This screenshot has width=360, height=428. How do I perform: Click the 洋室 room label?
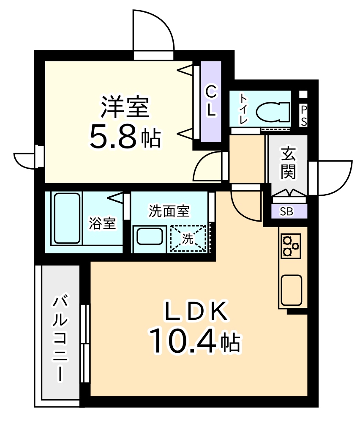125,107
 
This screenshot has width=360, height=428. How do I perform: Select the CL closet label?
211,101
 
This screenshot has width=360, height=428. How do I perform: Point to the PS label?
304,116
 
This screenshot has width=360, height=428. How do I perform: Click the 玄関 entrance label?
288,162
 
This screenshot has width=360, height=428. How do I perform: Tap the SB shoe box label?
286,211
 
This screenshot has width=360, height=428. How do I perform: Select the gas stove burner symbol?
291,246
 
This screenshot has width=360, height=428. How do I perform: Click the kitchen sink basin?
292,290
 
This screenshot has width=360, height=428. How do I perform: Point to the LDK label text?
196,310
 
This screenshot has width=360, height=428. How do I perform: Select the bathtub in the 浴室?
67,218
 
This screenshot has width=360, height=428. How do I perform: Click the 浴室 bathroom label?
103,224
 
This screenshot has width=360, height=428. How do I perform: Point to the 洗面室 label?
169,211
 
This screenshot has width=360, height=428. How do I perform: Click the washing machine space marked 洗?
188,238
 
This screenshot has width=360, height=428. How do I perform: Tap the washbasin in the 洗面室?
150,236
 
